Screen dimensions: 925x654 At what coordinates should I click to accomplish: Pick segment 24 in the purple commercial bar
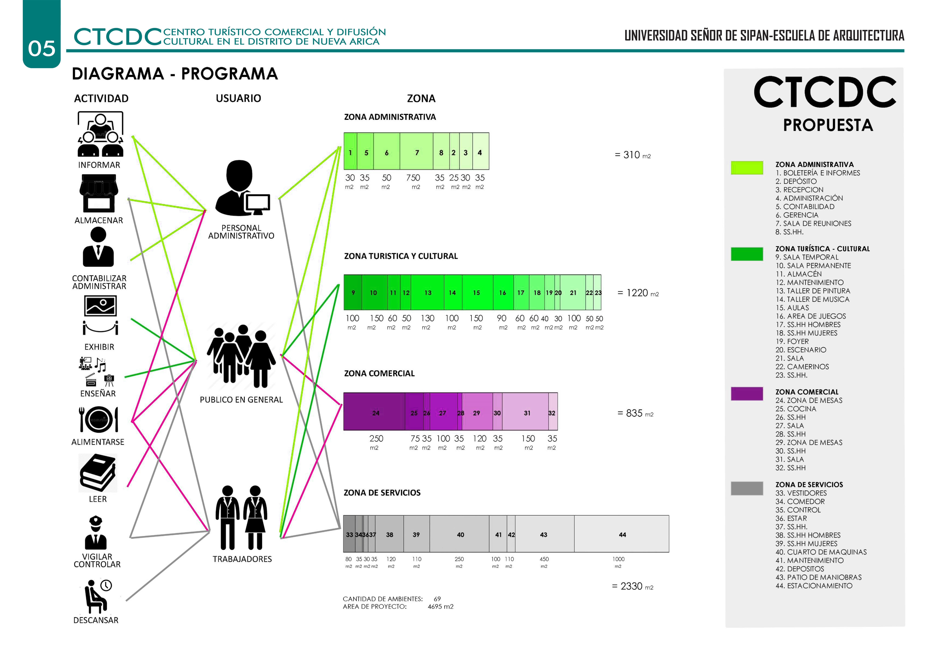[x=375, y=413]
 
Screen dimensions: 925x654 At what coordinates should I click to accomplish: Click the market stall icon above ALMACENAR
[x=99, y=193]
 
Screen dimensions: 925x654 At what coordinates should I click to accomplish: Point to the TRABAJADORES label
[x=242, y=559]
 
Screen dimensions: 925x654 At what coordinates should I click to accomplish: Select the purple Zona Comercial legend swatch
[x=746, y=394]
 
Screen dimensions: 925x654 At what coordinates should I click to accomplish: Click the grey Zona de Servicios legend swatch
[x=746, y=488]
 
